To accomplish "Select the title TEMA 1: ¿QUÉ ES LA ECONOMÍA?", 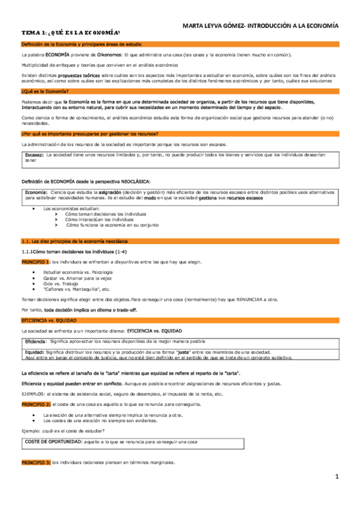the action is (x=70, y=34).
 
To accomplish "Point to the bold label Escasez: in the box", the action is (x=34, y=155).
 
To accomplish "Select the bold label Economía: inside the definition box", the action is (x=37, y=192).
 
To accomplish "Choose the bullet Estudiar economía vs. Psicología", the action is (x=78, y=272).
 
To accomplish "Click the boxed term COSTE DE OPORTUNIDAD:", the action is (x=53, y=442).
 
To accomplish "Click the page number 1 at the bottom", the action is (x=337, y=477).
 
